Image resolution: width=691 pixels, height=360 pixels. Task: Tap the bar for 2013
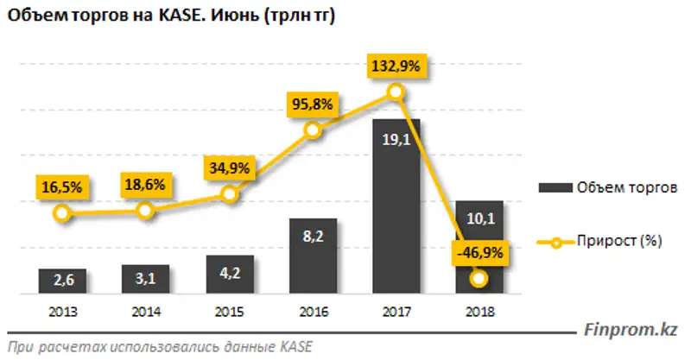pos(61,280)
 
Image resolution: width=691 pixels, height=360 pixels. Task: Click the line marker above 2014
pos(145,211)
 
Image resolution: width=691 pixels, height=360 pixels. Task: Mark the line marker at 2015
pos(229,194)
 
